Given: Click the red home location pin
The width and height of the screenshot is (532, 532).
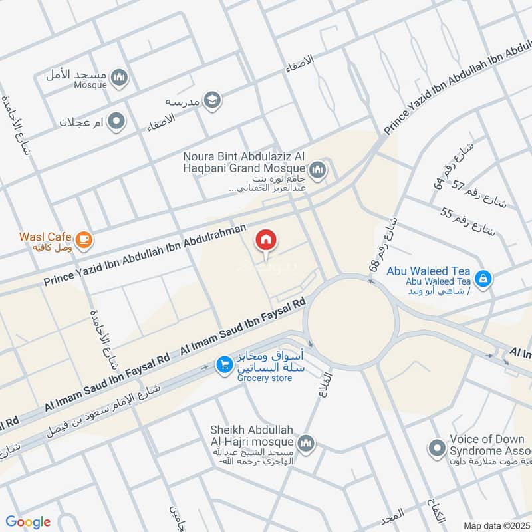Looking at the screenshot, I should tap(266, 241).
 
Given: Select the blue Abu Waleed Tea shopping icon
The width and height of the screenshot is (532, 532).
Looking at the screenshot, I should tap(484, 277).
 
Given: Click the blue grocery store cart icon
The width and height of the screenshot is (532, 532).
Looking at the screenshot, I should tap(223, 364).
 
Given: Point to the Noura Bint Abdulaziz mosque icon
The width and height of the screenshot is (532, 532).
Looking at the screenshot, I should tap(317, 170).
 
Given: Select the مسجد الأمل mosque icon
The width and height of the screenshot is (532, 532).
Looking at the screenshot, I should tap(119, 78).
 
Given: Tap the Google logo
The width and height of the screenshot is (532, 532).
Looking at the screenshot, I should tap(29, 522).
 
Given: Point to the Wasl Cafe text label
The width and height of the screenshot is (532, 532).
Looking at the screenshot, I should tap(40, 236).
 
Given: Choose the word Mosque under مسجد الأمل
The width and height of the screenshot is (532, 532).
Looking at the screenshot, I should tap(89, 85).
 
